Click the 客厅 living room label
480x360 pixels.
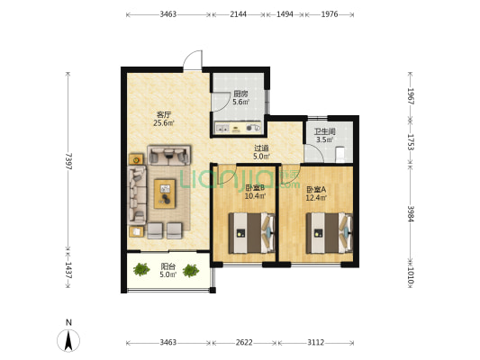(x=164, y=115)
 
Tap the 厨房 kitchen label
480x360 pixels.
(x=240, y=94)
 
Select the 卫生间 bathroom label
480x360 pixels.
(x=324, y=131)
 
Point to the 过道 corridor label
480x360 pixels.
(x=261, y=148)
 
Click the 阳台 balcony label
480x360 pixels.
(x=168, y=266)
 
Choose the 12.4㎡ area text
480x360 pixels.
(x=316, y=198)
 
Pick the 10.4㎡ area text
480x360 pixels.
(x=255, y=196)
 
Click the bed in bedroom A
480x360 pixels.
(x=330, y=233)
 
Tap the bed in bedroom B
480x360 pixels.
(x=252, y=233)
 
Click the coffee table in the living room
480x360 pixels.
(x=165, y=193)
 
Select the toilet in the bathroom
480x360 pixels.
(x=340, y=155)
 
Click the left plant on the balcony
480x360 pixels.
(x=141, y=269)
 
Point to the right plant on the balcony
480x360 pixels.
(x=191, y=271)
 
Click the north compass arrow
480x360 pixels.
(x=68, y=340)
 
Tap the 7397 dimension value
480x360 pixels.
(x=68, y=161)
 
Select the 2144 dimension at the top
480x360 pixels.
(x=238, y=14)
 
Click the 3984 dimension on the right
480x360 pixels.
(x=411, y=213)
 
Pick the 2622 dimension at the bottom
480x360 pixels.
(x=244, y=342)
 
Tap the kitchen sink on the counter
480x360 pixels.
(x=222, y=128)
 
